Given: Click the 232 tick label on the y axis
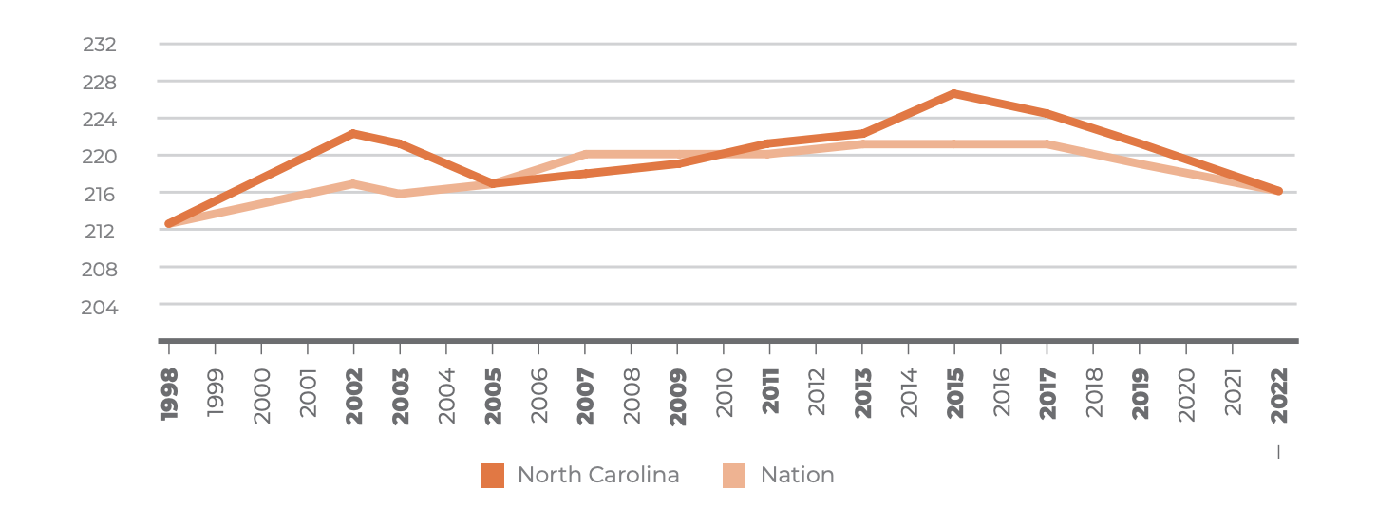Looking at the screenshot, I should [x=100, y=45].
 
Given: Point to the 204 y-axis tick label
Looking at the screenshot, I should [x=100, y=307].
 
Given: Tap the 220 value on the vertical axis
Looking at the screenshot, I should [x=100, y=156].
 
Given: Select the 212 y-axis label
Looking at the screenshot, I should [x=100, y=231].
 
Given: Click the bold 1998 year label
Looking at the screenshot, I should [x=170, y=394].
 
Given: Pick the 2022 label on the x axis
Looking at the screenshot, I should [x=1279, y=394].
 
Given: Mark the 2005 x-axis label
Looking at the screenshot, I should [x=493, y=394].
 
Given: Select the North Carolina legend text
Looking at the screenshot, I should [x=598, y=475].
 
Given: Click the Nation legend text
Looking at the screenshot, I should [x=797, y=475].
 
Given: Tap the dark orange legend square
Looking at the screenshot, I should [x=493, y=475].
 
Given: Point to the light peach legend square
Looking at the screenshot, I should [x=734, y=475].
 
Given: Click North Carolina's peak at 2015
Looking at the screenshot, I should [x=953, y=93].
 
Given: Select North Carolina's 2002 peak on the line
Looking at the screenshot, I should [x=353, y=133].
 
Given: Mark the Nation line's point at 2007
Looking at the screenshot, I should [x=586, y=154].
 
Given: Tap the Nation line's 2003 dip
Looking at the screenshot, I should [x=400, y=194].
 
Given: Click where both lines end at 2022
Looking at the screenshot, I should [x=1278, y=191].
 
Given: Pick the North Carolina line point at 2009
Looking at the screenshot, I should [x=677, y=163].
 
